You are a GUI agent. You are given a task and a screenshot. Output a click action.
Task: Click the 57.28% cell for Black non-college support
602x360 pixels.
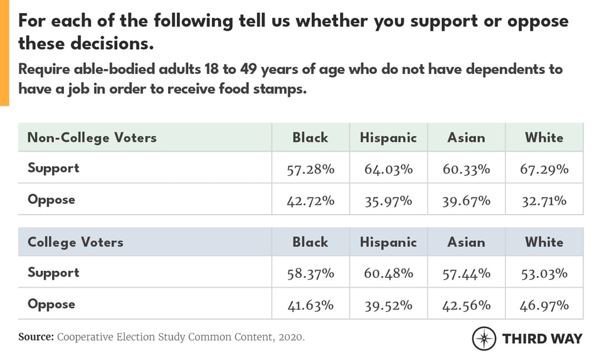310,169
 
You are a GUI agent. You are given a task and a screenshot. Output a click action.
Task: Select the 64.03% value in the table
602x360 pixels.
388,169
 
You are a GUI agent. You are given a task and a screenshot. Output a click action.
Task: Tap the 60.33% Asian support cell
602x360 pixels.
466,169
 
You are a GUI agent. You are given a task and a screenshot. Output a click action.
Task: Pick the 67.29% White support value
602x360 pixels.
544,169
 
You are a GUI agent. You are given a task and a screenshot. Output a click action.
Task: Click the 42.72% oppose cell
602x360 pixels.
310,201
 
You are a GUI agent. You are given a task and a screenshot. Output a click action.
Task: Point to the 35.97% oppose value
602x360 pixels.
388,201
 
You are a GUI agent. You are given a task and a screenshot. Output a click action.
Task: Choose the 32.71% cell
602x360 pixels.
544,201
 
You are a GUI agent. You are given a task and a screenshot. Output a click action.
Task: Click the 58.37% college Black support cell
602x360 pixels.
310,273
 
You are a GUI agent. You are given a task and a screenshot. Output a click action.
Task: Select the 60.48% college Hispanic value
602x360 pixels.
388,273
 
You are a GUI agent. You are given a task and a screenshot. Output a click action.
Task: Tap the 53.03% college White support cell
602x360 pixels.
544,273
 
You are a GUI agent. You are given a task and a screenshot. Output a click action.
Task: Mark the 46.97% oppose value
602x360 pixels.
544,305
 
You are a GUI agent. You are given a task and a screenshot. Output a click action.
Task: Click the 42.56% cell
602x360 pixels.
466,305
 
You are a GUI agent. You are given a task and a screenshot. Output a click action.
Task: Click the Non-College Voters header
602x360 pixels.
92,137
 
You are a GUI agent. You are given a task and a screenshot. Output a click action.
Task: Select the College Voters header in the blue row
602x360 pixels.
75,242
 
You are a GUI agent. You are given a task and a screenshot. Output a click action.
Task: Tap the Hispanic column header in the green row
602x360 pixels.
388,137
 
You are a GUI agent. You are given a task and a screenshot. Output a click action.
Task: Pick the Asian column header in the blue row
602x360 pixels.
466,242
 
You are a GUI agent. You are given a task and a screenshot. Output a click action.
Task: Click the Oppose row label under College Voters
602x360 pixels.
51,304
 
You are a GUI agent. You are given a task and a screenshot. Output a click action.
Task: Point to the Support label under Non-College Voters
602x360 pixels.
53,168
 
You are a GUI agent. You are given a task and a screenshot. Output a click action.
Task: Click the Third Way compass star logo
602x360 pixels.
483,338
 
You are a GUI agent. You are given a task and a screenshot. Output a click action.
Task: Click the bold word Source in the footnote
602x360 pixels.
36,337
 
